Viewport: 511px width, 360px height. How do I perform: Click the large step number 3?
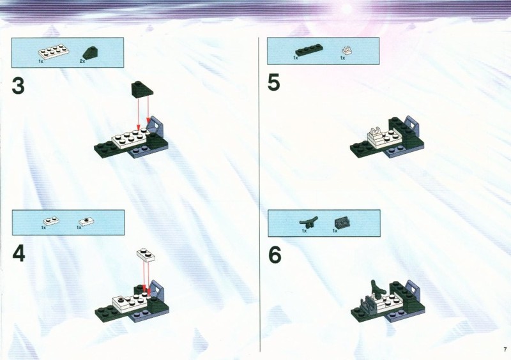click(19, 86)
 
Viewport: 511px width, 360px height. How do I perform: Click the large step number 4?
click(19, 254)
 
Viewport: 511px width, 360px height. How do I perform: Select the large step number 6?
click(275, 255)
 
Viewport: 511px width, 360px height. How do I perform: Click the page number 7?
click(505, 350)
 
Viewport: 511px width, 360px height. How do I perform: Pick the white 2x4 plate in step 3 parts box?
click(54, 52)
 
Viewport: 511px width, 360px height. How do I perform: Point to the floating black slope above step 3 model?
click(142, 89)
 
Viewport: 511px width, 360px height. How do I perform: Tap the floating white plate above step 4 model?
click(146, 255)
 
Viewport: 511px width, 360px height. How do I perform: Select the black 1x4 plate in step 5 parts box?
click(309, 50)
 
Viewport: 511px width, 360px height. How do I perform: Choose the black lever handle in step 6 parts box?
click(309, 222)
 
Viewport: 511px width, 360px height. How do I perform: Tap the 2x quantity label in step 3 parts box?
click(82, 61)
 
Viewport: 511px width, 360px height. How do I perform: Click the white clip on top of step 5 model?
click(375, 130)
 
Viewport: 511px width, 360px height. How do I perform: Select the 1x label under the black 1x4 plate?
click(295, 58)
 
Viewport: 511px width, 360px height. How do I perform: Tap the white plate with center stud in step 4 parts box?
click(86, 221)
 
